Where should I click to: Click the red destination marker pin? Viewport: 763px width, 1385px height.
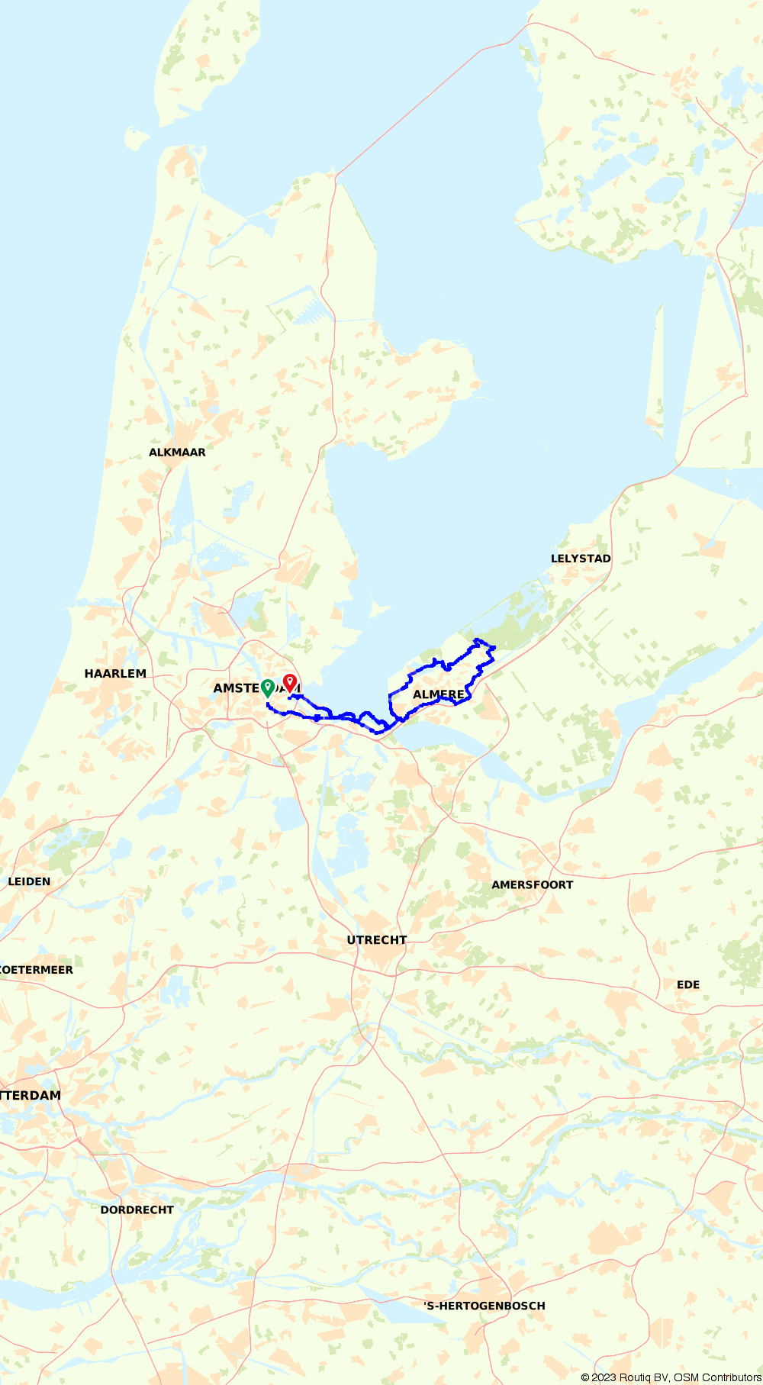click(289, 682)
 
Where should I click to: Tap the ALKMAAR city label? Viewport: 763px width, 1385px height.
click(177, 453)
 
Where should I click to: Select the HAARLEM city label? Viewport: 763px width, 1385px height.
click(115, 674)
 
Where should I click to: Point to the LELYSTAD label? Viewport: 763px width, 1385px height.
click(581, 559)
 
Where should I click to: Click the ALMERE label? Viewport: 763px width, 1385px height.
click(439, 694)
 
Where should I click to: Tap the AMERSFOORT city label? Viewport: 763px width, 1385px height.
click(532, 885)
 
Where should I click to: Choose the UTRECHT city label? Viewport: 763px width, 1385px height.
click(377, 940)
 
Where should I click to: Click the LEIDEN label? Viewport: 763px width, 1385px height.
click(29, 881)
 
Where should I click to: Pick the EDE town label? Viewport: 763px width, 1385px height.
click(688, 984)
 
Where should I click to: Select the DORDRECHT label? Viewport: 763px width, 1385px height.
click(137, 1209)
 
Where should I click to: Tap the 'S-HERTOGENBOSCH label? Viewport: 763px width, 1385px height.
click(485, 1306)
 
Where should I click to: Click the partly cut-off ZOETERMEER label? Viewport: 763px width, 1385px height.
click(37, 970)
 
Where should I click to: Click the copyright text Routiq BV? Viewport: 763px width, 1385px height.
click(644, 1377)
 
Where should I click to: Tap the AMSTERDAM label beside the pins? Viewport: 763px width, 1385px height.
click(237, 688)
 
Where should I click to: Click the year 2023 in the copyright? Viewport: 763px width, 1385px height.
click(604, 1377)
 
